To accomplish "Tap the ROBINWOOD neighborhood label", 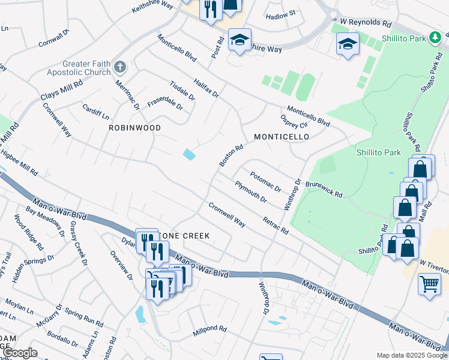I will point(134,128).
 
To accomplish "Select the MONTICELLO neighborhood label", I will point(281,137).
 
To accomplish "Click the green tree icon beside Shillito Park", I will point(435,38).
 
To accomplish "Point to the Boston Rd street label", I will point(231,155).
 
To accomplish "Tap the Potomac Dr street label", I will point(266,181).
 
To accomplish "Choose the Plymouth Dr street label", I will point(251,191).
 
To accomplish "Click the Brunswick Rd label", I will point(324,190).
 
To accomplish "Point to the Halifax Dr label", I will point(206,87).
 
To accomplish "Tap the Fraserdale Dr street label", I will point(165,103).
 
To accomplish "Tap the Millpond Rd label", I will point(209,329).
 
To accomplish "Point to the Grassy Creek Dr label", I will point(79,244).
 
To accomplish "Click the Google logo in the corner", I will point(19,353).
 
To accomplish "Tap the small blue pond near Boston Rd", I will point(189,154).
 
